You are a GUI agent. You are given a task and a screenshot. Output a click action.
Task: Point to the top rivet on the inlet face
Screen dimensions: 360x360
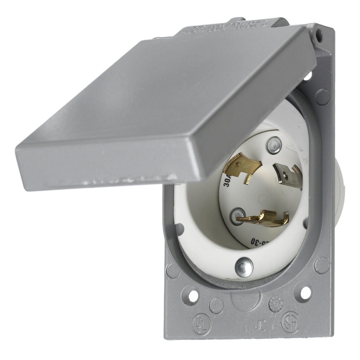point(274,145)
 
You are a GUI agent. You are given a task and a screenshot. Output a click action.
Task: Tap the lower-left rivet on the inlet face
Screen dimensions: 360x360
point(238,216)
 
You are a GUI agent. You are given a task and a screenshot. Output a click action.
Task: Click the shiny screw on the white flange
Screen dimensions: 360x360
point(244,267)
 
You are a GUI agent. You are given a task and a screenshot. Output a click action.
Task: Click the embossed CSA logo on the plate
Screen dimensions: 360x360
point(290,322)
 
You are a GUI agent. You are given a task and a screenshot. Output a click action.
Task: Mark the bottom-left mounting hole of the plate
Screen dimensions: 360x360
point(193,296)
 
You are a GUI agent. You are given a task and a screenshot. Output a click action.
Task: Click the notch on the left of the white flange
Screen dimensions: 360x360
point(179,229)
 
